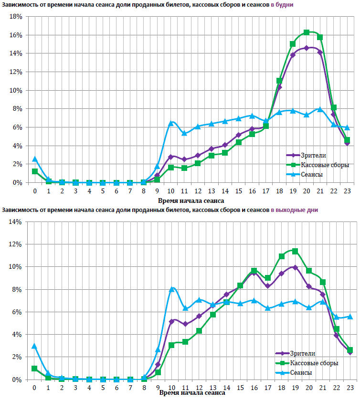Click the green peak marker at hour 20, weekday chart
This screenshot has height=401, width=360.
(307, 32)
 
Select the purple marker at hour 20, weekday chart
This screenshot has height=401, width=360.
(307, 48)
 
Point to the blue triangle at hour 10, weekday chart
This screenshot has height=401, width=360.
(171, 123)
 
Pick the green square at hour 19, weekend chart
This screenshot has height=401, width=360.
(295, 251)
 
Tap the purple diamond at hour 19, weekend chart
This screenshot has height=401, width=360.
(295, 267)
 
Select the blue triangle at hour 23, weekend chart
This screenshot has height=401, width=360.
(350, 317)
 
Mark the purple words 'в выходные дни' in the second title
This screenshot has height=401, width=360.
(294, 210)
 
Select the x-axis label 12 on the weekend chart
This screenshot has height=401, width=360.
(199, 387)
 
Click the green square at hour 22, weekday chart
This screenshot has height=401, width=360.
(334, 108)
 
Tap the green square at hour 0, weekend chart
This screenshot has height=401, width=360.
(35, 369)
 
